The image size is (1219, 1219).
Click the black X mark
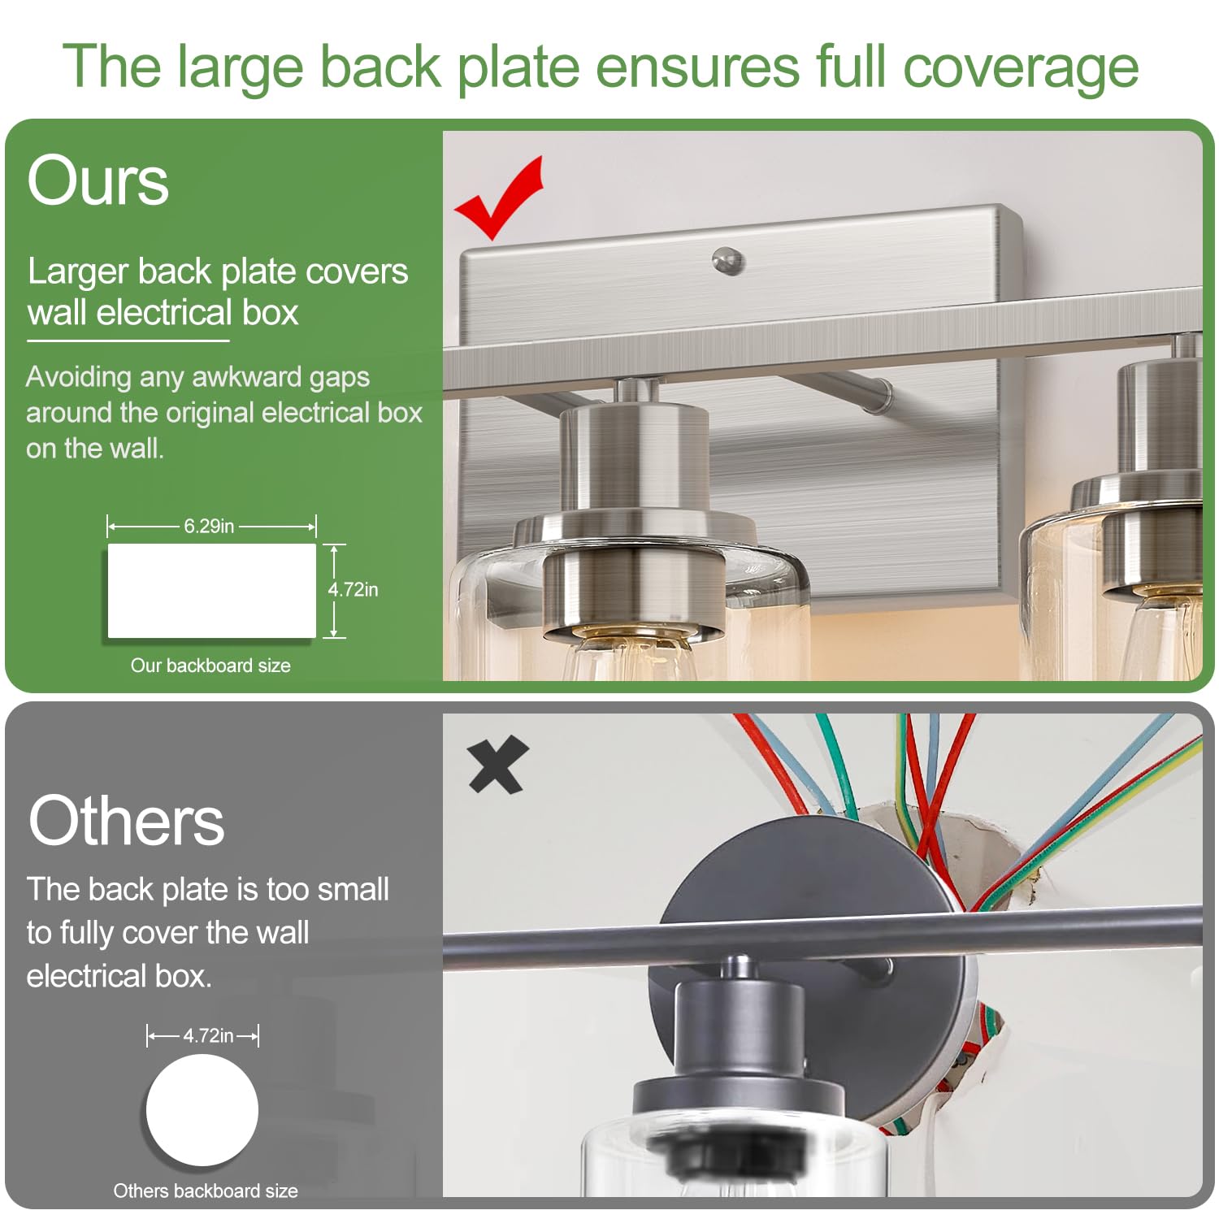(498, 764)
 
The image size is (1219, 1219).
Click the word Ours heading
(98, 180)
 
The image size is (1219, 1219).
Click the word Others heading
(126, 821)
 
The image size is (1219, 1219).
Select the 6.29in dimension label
(209, 527)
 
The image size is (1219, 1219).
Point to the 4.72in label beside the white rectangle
(353, 590)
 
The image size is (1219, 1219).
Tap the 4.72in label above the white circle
(208, 1035)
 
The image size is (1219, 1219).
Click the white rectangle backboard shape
(211, 591)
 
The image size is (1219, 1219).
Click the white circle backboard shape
(202, 1110)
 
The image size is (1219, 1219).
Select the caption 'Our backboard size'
(210, 666)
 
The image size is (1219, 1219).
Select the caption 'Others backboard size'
(206, 1191)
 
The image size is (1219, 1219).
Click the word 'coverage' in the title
(1021, 68)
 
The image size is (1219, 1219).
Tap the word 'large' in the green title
(240, 68)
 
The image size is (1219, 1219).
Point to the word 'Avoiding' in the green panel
(78, 378)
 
